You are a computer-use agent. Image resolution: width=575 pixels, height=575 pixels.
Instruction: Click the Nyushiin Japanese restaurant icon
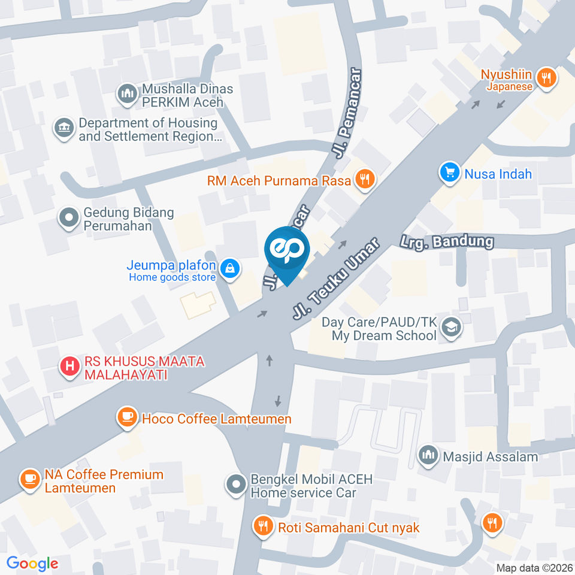click(546, 77)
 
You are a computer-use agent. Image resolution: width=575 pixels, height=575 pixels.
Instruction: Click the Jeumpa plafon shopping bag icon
click(229, 269)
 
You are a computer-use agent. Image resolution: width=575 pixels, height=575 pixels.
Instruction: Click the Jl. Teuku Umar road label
click(336, 279)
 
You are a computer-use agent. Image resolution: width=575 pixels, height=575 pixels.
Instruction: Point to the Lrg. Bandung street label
click(447, 242)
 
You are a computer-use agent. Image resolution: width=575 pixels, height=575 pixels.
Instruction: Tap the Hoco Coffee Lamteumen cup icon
click(127, 417)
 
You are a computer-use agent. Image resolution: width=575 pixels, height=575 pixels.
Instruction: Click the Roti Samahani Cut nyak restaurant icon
click(262, 526)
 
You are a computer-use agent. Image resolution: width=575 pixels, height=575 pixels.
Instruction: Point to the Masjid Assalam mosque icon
click(428, 455)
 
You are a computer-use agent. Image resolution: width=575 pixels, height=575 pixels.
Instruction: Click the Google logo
click(32, 563)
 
